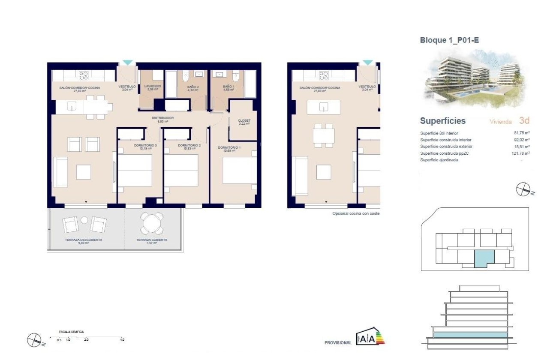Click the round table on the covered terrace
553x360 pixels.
coord(152,223)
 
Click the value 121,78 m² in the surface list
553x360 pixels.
coord(521,153)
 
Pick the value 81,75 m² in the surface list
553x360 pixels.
coord(522,133)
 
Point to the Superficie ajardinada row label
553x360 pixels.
coord(439,160)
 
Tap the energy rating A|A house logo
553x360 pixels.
coord(370,337)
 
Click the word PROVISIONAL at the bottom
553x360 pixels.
coord(338,343)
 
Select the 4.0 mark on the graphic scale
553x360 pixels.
coord(122,339)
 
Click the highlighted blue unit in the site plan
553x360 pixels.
coord(484,260)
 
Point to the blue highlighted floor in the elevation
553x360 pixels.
coord(470,334)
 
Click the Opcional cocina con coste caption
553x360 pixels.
coord(356,213)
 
